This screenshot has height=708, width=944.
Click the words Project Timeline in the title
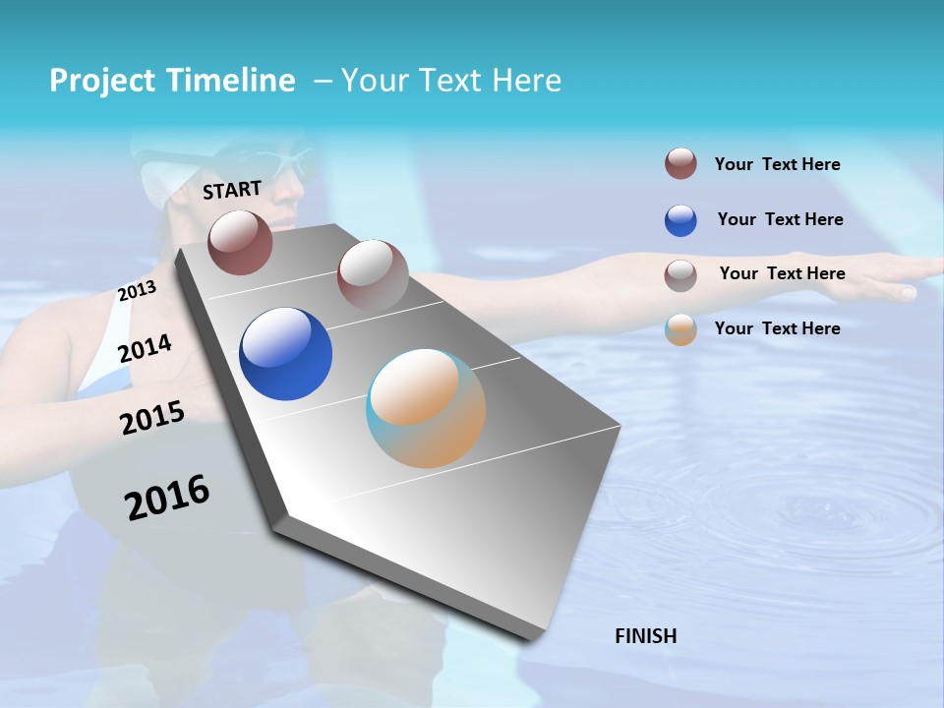click(172, 81)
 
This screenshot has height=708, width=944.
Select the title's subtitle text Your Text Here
click(451, 81)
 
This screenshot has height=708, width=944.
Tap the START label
click(232, 190)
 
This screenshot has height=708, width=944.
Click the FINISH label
click(645, 636)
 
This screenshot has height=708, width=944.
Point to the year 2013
click(137, 291)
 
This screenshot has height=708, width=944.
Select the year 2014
click(145, 348)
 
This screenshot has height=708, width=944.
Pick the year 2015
click(152, 418)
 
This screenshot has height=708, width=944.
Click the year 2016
click(167, 497)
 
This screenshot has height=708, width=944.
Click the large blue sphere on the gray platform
click(285, 354)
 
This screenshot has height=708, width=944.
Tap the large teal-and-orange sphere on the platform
click(426, 408)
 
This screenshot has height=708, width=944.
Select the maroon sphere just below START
click(240, 242)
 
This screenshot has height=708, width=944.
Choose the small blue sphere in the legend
click(680, 220)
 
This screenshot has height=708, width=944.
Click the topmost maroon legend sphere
click(680, 163)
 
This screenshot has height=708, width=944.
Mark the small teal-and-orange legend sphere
click(680, 329)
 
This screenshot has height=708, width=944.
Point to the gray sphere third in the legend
click(680, 275)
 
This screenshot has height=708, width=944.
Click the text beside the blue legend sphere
click(780, 219)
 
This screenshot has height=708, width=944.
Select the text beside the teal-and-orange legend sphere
click(777, 328)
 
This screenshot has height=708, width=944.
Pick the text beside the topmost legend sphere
click(777, 164)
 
